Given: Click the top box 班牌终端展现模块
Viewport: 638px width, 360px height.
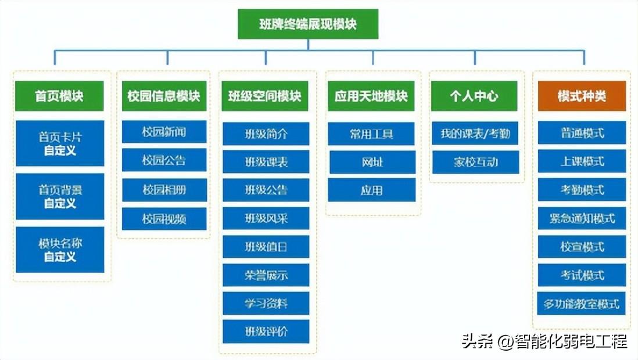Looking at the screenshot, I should click(x=308, y=24).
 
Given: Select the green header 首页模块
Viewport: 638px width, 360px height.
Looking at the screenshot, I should click(x=59, y=96).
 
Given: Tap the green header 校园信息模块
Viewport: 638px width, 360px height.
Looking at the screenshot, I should click(x=163, y=96).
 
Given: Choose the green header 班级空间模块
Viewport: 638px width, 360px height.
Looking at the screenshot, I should click(x=266, y=96).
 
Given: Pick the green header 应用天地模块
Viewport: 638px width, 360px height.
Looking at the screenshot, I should click(x=371, y=96).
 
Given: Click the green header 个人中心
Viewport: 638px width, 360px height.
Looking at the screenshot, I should click(x=474, y=96).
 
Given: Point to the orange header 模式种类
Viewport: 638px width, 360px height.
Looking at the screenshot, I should click(x=582, y=96).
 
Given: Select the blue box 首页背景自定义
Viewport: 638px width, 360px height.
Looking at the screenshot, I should click(x=60, y=196).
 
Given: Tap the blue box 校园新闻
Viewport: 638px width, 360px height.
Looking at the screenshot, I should click(x=164, y=132).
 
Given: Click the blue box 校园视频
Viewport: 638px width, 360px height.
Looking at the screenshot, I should click(x=164, y=219).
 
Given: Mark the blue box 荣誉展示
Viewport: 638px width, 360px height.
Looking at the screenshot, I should click(x=266, y=275).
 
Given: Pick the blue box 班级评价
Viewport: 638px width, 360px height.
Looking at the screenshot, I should click(x=266, y=332).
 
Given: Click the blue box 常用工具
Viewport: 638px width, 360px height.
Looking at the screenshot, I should click(x=371, y=134).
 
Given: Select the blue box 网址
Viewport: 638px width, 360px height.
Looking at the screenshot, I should click(x=372, y=162).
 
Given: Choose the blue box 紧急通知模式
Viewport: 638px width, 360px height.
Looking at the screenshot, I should click(x=582, y=218).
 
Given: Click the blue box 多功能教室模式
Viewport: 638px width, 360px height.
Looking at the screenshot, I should click(x=582, y=304).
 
